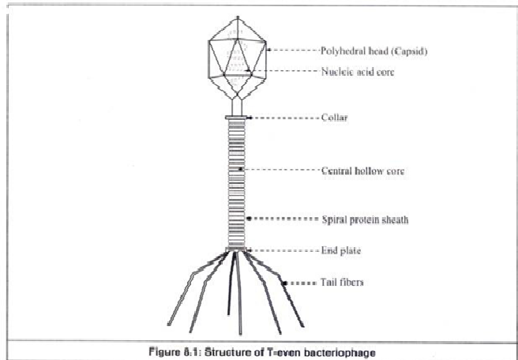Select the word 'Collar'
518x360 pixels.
335,118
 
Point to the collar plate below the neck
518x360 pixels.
237,118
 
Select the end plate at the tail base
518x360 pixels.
237,250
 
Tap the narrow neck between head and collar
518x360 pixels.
237,104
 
